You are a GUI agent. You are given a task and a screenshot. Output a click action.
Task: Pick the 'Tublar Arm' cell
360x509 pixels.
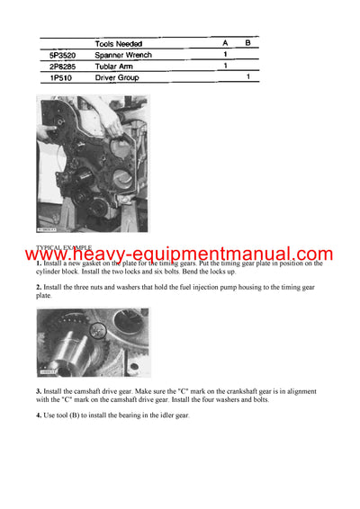point(117,66)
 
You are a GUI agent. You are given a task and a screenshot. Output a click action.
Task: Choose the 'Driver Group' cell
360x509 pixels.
point(121,78)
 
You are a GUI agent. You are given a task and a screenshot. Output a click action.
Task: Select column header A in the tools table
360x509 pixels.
point(225,42)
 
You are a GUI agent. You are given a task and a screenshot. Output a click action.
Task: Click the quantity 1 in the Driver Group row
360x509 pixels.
point(247,78)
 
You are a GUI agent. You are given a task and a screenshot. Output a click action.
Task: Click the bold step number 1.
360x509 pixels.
point(39,263)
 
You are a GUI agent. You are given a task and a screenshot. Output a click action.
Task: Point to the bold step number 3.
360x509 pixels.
point(39,393)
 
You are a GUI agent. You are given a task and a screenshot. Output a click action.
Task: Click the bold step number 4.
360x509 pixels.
point(39,415)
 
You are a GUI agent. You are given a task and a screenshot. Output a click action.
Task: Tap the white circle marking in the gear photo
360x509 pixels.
point(97,331)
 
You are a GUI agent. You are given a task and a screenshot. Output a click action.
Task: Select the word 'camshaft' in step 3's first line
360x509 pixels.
point(89,393)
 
